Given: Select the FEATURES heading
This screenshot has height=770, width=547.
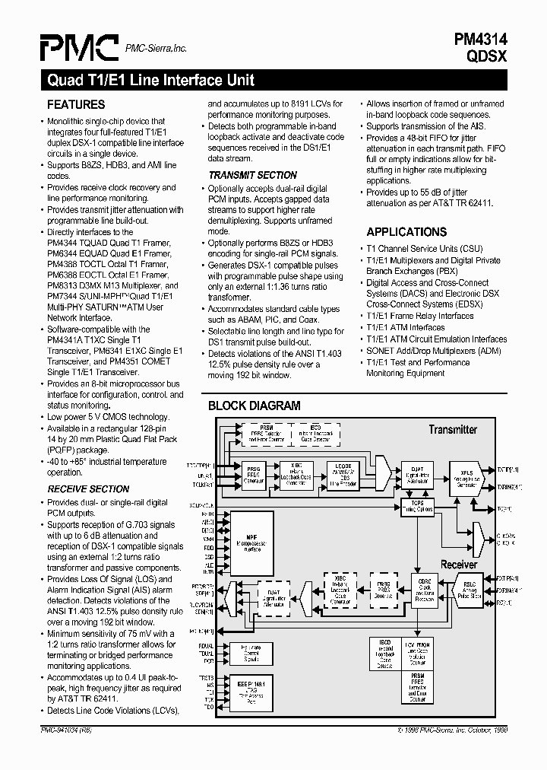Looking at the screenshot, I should click(x=76, y=104).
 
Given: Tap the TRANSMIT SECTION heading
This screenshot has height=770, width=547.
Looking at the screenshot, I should click(x=253, y=175).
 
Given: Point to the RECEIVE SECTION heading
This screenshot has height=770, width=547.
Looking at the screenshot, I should click(x=88, y=488).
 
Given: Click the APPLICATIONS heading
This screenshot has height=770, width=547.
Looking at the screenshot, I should click(x=406, y=232).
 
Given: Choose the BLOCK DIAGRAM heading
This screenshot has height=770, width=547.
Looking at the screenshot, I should click(x=254, y=406).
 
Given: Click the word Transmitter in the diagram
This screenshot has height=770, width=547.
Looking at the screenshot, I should click(x=453, y=430).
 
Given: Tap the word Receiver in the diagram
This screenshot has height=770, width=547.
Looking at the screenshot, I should click(x=459, y=565).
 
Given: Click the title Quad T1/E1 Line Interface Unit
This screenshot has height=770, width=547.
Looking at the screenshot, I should click(x=150, y=80).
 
